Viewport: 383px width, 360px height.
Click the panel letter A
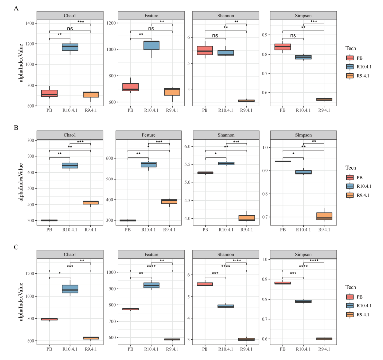17,8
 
